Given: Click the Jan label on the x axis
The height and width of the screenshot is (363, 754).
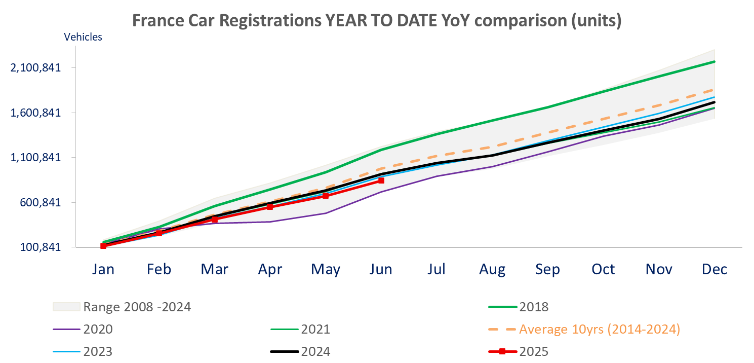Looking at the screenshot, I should (x=103, y=269).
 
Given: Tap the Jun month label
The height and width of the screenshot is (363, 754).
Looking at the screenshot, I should (x=381, y=269).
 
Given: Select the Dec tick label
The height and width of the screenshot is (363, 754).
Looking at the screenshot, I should (x=714, y=269).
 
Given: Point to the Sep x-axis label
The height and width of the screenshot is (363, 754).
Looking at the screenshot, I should (x=547, y=269).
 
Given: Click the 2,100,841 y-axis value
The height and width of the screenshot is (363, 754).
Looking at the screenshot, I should (x=35, y=67).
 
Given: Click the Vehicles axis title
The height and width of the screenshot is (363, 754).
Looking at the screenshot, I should (x=83, y=37).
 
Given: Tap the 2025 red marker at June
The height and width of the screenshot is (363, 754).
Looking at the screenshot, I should (x=381, y=180).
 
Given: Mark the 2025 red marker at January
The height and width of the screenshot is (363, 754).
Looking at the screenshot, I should (x=103, y=246).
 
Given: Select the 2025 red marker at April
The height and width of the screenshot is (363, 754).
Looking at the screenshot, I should (x=270, y=207).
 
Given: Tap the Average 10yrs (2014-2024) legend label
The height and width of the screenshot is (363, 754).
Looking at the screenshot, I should (x=599, y=329).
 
